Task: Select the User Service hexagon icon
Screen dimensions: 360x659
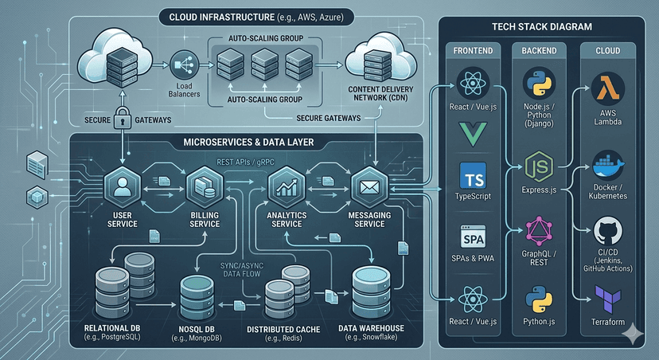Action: point(122,188)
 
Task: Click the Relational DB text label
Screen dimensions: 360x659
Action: point(111,328)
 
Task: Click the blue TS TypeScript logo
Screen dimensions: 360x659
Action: point(474,176)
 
